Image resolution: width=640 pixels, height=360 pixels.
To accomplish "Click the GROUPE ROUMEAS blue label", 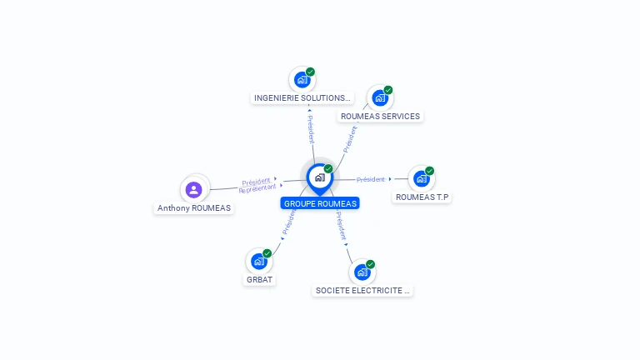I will pyautogui.click(x=320, y=203).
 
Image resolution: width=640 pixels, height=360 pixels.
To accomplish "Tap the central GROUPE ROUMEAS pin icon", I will pyautogui.click(x=319, y=177).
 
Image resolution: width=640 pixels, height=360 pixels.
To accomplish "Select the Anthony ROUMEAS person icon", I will pyautogui.click(x=194, y=189).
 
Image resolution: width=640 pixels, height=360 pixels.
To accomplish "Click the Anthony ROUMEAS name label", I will pyautogui.click(x=194, y=208).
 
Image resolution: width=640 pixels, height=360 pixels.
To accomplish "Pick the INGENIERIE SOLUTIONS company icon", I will pyautogui.click(x=302, y=80).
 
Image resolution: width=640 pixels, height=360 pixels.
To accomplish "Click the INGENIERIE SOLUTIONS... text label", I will pyautogui.click(x=302, y=98).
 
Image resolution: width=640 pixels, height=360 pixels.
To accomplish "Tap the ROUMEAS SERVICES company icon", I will pyautogui.click(x=380, y=97).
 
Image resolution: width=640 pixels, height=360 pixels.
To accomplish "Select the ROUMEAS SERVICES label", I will pyautogui.click(x=380, y=117).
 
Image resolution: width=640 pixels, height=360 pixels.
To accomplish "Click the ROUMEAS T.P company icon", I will pyautogui.click(x=422, y=178).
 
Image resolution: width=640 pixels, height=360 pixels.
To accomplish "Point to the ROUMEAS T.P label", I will pyautogui.click(x=422, y=197).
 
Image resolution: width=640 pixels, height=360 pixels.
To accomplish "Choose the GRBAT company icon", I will pyautogui.click(x=259, y=261).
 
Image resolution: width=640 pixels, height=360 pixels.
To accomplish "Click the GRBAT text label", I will pyautogui.click(x=260, y=280).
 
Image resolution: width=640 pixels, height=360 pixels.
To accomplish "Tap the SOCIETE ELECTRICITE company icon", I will pyautogui.click(x=362, y=272).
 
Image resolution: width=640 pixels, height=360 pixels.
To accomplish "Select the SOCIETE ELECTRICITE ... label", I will pyautogui.click(x=362, y=291).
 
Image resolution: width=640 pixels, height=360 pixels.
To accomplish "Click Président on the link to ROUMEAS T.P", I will pyautogui.click(x=371, y=179).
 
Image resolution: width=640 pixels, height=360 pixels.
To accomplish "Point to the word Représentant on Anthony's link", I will pyautogui.click(x=257, y=189).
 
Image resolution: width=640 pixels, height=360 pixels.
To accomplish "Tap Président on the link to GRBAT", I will pyautogui.click(x=288, y=221).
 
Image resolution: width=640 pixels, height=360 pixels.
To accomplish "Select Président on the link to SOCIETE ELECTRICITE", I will pyautogui.click(x=342, y=225).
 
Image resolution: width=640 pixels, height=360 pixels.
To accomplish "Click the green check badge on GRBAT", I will pyautogui.click(x=267, y=252).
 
